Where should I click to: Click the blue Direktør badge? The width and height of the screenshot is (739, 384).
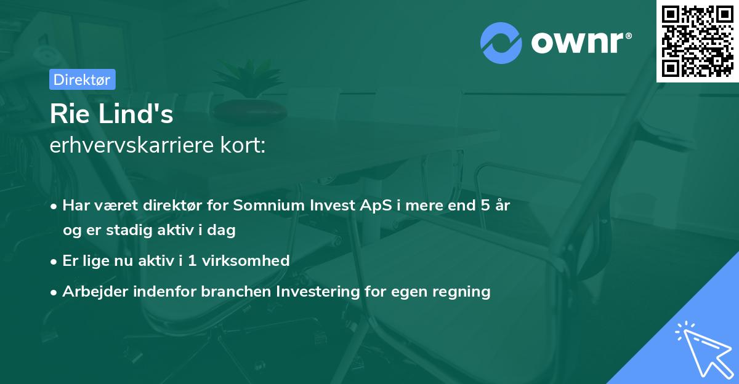pos(83,79)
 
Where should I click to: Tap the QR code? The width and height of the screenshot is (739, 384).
pos(698,41)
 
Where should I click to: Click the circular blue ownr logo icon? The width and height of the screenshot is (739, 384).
pos(501,43)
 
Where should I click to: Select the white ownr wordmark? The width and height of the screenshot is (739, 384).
pos(577,43)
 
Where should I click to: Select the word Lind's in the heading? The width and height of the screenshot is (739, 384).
pos(136,113)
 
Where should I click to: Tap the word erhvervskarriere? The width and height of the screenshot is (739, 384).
pos(132,145)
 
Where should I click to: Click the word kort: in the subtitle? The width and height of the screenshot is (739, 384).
pos(243,145)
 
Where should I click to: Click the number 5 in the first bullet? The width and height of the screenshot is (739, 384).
pos(485,205)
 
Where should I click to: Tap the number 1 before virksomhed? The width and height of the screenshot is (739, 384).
pos(192,261)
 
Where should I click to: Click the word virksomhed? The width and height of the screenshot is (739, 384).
pos(246,261)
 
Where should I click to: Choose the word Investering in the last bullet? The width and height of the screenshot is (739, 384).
pos(318,292)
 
